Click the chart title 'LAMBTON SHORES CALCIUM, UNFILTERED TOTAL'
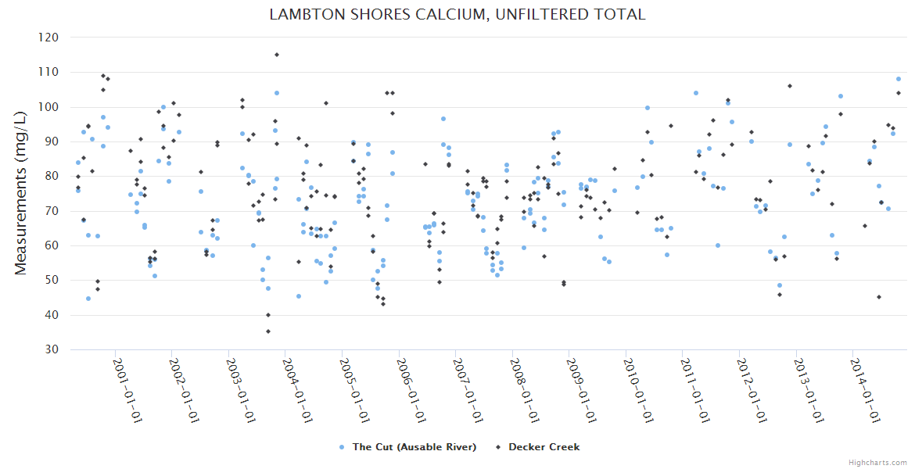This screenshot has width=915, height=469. [x=457, y=15]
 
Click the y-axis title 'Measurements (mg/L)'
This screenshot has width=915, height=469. [x=22, y=192]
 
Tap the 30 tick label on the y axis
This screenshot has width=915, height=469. [x=52, y=349]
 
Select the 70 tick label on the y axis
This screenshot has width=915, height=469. [x=52, y=211]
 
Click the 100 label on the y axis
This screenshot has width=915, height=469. [x=48, y=107]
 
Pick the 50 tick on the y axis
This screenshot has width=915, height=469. [x=52, y=280]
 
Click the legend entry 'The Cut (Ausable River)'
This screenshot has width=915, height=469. [x=414, y=447]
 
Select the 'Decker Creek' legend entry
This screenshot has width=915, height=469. [x=544, y=447]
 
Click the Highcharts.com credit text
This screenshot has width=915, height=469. [x=877, y=462]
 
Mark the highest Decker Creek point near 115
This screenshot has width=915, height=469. [x=277, y=55]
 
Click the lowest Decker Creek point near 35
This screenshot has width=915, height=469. [x=268, y=331]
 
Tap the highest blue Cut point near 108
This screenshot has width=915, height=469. [x=899, y=79]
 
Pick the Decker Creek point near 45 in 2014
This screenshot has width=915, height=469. [x=879, y=297]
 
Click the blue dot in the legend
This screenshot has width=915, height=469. [x=342, y=447]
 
